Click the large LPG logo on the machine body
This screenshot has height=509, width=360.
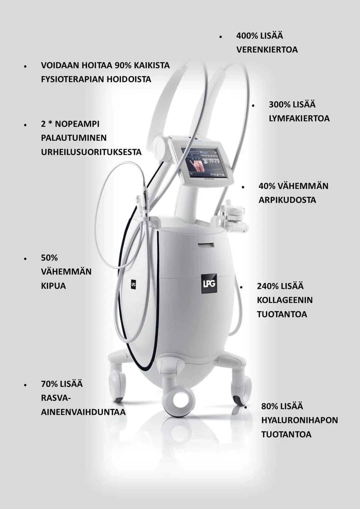click(x=209, y=283)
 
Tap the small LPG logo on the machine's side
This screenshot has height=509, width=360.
click(x=134, y=284)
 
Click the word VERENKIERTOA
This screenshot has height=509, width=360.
click(x=267, y=50)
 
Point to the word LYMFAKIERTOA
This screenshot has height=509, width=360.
click(x=299, y=119)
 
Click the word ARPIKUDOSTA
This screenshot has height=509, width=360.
click(x=287, y=200)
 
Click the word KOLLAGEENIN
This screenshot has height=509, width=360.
click(x=285, y=300)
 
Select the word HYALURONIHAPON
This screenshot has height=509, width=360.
click(x=299, y=420)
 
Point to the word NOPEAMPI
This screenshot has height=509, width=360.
click(x=77, y=124)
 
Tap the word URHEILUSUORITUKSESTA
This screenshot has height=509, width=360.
click(x=91, y=152)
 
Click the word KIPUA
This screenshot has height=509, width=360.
click(x=53, y=286)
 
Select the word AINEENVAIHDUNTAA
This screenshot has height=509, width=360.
click(x=83, y=412)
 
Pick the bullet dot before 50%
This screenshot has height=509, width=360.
click(x=25, y=258)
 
